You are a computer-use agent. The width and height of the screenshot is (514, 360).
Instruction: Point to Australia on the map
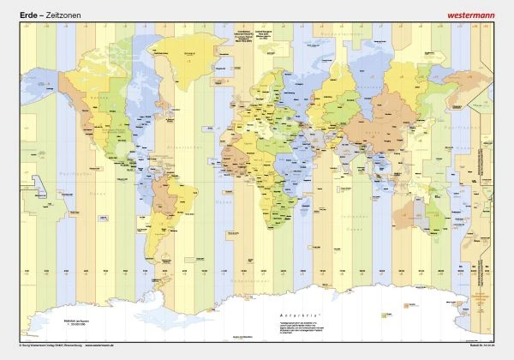click(x=409, y=208)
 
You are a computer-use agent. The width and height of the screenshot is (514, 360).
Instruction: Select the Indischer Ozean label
click(x=343, y=206)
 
